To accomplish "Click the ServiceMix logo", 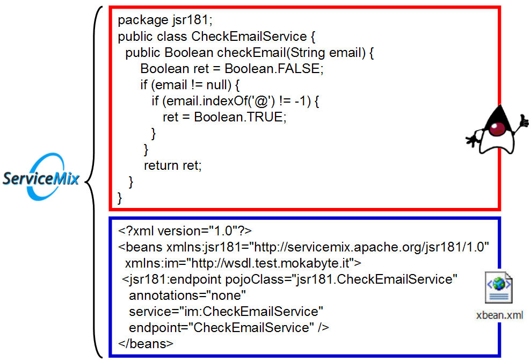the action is [41, 177].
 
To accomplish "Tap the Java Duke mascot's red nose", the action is [497, 129].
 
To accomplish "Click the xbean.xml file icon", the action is [499, 287].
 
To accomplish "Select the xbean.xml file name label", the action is [499, 315].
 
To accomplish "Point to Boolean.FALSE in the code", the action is [274, 68].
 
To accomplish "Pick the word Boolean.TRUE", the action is [240, 117].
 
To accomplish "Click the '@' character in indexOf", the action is [261, 101].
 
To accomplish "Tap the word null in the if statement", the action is [219, 85].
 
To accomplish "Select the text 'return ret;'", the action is [173, 165].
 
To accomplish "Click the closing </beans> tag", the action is [146, 344].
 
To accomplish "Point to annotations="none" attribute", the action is [187, 296].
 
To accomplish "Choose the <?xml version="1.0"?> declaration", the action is [185, 231].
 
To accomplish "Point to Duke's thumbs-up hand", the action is [522, 121].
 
